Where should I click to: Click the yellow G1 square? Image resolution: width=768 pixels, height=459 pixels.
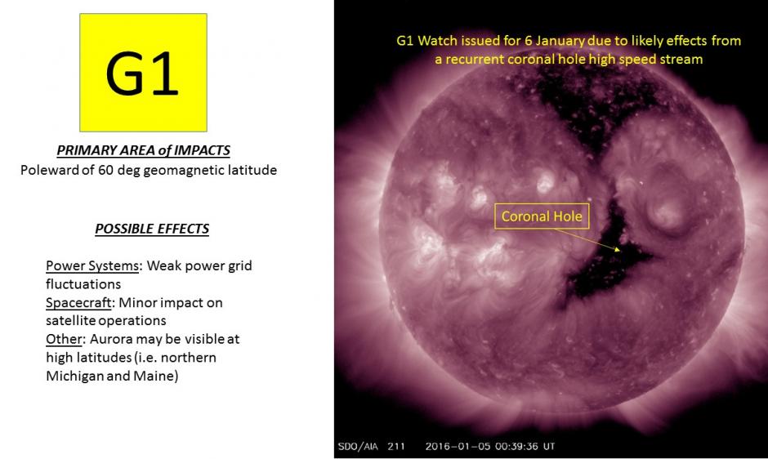[x=143, y=72]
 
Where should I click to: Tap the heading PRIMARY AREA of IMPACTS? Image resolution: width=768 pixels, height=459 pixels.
[x=143, y=150]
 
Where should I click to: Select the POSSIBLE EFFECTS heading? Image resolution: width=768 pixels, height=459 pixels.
[x=152, y=229]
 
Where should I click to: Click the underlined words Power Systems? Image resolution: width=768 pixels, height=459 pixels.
[x=92, y=266]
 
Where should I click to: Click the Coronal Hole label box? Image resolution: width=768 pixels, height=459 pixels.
[x=542, y=216]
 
